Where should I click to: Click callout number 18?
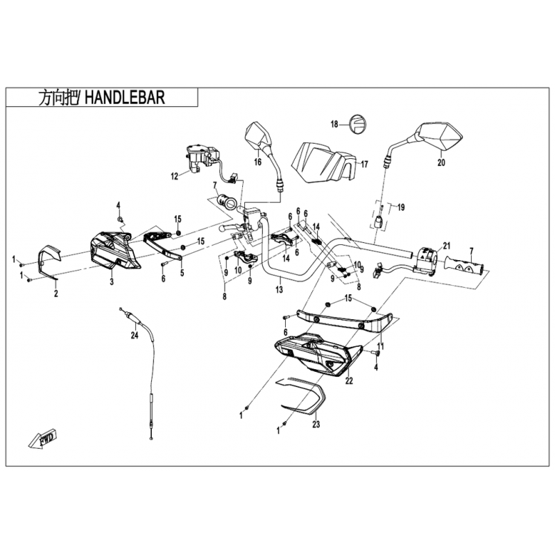(334, 125)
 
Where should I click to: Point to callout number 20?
(440, 164)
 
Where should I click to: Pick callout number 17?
(364, 164)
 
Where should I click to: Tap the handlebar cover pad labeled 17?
(321, 160)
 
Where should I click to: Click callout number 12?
(175, 176)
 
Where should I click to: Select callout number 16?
(257, 163)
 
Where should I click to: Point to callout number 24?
(135, 336)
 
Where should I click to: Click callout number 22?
(349, 380)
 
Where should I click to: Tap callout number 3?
(110, 282)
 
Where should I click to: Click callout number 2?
(56, 293)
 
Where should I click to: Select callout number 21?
(447, 245)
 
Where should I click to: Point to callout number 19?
(400, 207)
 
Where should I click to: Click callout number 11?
(380, 345)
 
